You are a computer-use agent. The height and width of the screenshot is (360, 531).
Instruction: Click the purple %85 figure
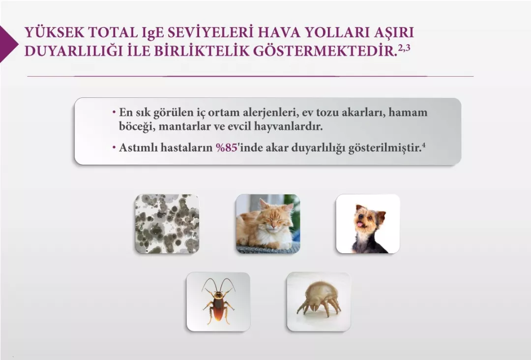click(227, 148)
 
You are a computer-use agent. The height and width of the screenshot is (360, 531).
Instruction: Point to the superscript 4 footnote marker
click(423, 145)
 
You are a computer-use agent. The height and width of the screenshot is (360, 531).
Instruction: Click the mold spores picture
click(167, 224)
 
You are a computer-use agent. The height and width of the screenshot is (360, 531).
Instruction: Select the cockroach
click(218, 301)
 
